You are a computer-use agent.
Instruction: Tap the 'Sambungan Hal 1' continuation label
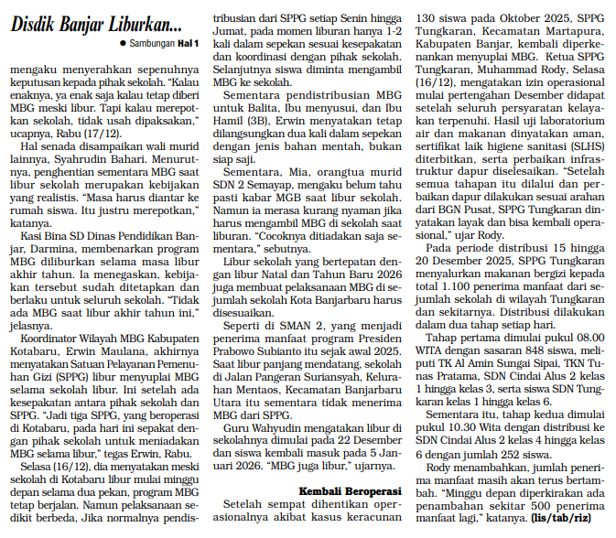pos(158,43)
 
